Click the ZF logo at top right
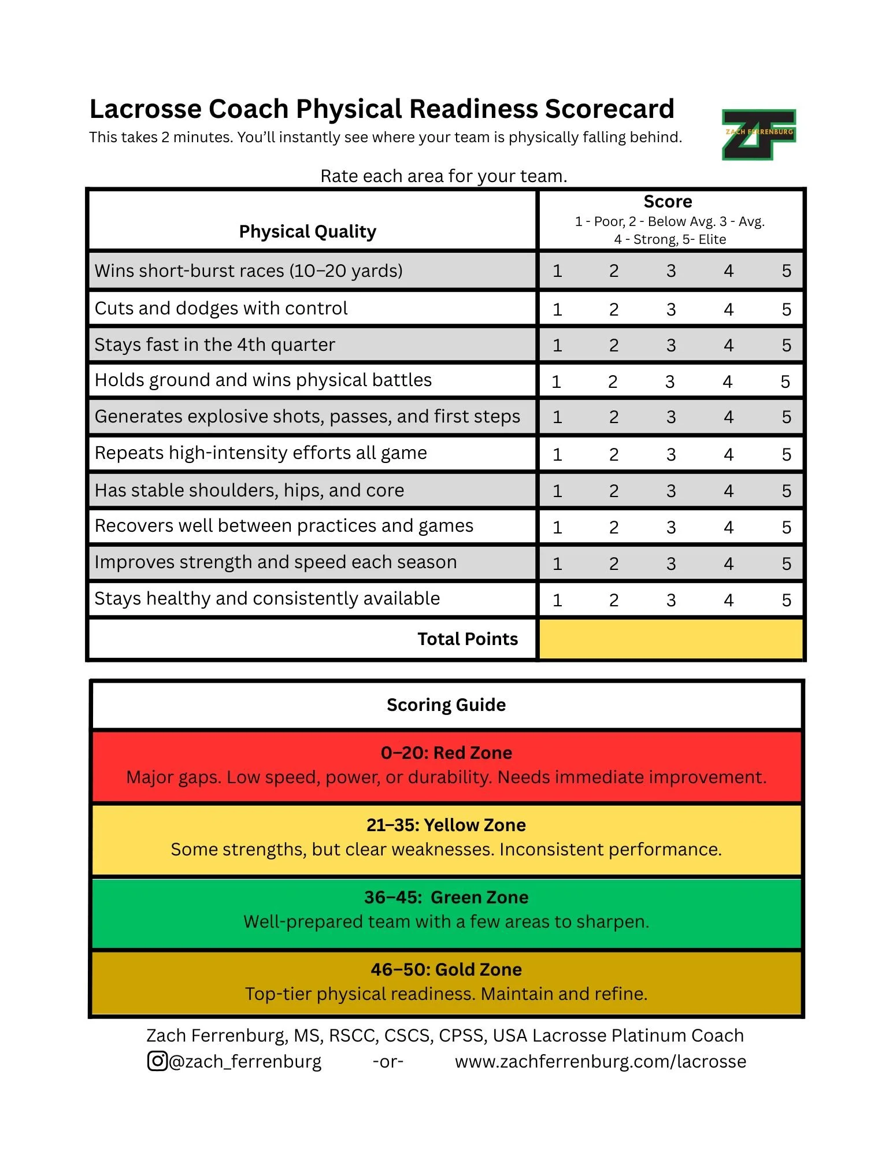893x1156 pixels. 758,134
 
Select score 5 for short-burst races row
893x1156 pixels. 786,271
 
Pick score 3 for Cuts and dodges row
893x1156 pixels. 670,309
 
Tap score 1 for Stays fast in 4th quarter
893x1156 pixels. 557,345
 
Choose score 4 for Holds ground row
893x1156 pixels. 727,381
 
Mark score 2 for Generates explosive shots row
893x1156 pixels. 614,417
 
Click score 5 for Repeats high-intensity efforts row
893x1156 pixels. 786,454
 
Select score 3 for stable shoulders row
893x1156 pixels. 670,491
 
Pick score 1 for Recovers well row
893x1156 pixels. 557,527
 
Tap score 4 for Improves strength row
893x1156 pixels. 728,564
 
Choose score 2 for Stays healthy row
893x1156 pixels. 614,600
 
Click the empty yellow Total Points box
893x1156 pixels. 670,639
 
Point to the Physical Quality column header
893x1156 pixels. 307,231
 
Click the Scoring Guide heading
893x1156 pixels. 446,705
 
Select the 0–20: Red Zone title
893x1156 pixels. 446,753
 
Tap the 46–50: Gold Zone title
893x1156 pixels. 446,969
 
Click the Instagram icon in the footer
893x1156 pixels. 157,1061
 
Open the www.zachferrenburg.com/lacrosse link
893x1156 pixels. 600,1061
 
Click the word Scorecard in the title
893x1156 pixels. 609,109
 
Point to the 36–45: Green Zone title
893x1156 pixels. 446,897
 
